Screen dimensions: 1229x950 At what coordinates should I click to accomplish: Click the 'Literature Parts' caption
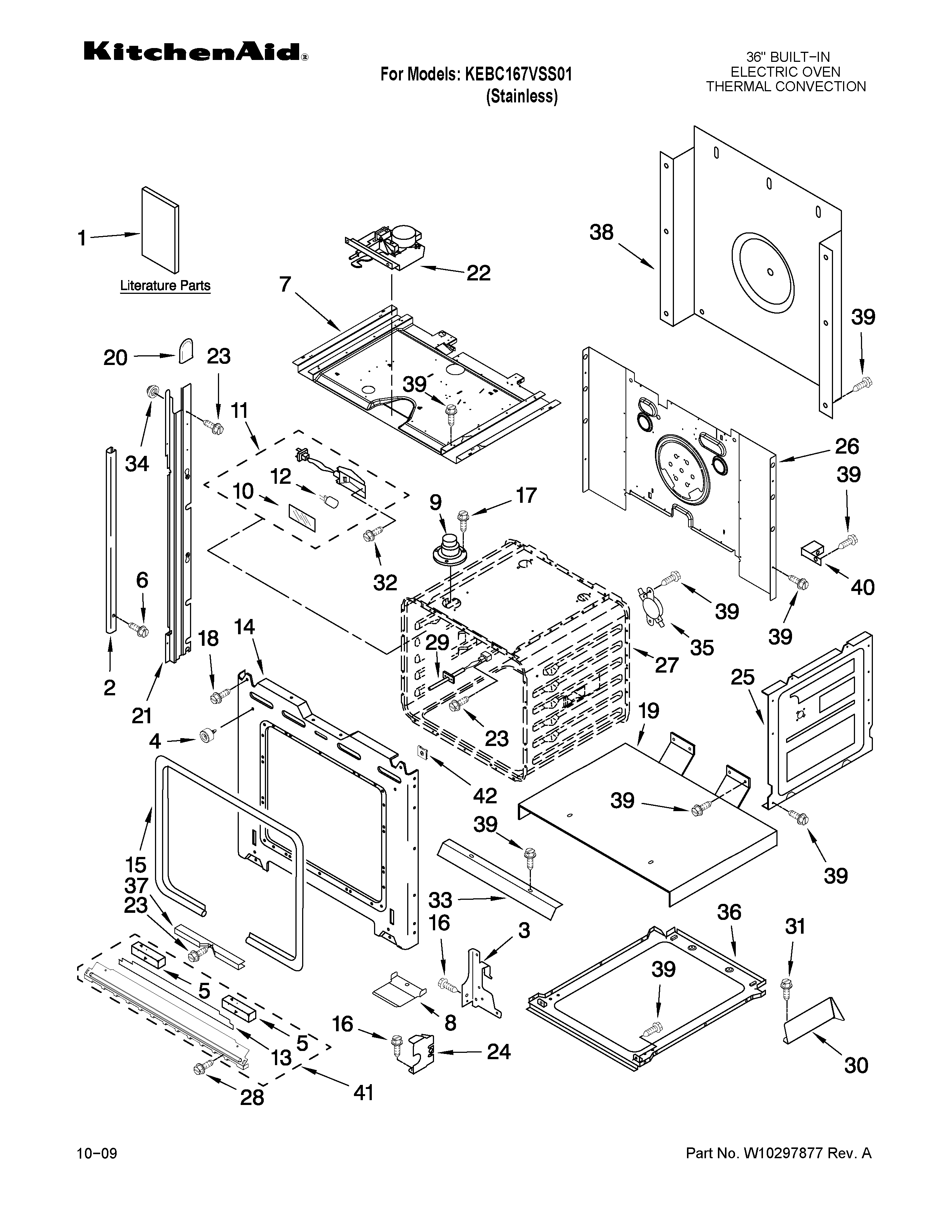(165, 286)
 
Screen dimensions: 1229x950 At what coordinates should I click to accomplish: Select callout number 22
(478, 273)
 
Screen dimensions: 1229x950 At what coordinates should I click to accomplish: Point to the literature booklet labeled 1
(161, 231)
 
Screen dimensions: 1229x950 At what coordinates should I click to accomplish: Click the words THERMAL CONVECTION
(786, 87)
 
